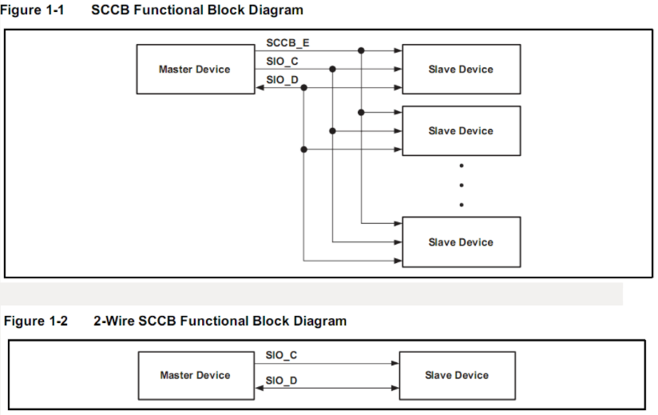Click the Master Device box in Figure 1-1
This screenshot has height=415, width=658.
[x=195, y=70]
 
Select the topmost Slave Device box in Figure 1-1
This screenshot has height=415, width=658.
[x=461, y=70]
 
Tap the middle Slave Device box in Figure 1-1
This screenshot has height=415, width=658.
[x=461, y=130]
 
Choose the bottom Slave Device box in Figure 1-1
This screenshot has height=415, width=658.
[x=461, y=241]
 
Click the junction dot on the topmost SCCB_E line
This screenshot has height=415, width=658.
[x=361, y=50]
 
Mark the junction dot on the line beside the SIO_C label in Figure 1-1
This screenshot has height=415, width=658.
[x=332, y=70]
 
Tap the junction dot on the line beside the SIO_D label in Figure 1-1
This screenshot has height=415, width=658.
[x=303, y=88]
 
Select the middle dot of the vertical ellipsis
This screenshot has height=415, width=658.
[x=462, y=186]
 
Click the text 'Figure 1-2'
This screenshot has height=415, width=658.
[x=36, y=321]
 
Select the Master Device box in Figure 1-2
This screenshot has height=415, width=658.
[x=195, y=375]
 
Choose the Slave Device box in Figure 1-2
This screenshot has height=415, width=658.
[x=457, y=375]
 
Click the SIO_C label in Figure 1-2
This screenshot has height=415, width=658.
[x=281, y=355]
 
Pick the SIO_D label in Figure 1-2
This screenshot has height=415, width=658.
[x=281, y=380]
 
